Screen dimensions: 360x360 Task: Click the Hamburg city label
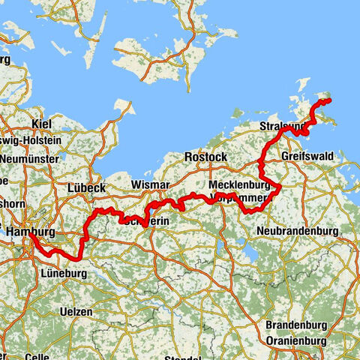coord(30,233)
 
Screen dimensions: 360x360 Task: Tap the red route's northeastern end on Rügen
coord(328,100)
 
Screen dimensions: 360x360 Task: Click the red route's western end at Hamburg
coord(31,238)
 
